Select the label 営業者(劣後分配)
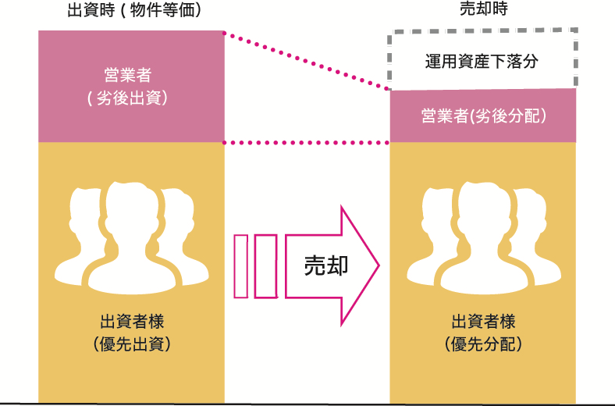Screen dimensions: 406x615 pyautogui.click(x=482, y=116)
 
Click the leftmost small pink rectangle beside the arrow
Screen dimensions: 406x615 pyautogui.click(x=240, y=265)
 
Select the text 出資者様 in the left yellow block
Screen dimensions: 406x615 pyautogui.click(x=131, y=321)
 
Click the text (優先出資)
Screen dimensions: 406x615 pyautogui.click(x=131, y=344)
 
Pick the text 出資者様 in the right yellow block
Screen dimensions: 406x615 pyautogui.click(x=483, y=321)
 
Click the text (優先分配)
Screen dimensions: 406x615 pyautogui.click(x=483, y=344)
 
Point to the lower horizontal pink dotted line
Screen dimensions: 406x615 pyautogui.click(x=306, y=143)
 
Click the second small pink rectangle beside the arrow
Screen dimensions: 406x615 pyautogui.click(x=265, y=265)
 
